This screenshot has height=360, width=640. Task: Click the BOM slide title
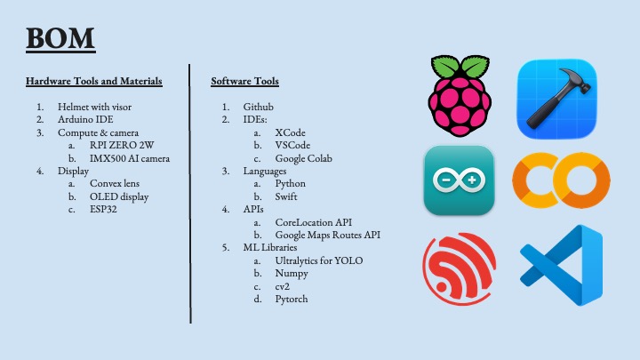click(60, 39)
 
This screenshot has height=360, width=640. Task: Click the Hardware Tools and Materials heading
click(94, 82)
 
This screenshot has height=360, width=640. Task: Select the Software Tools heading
click(244, 82)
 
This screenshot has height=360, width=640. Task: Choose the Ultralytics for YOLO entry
click(319, 261)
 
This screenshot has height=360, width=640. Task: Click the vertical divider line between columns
click(190, 196)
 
